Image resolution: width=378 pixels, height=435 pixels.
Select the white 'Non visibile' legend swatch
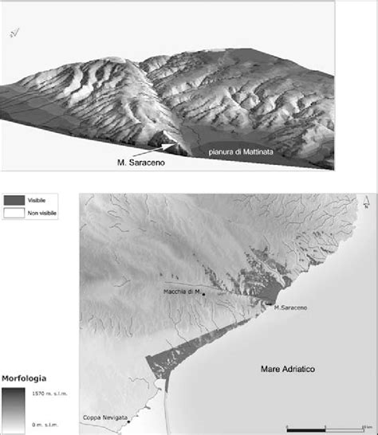pyautogui.click(x=14, y=213)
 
